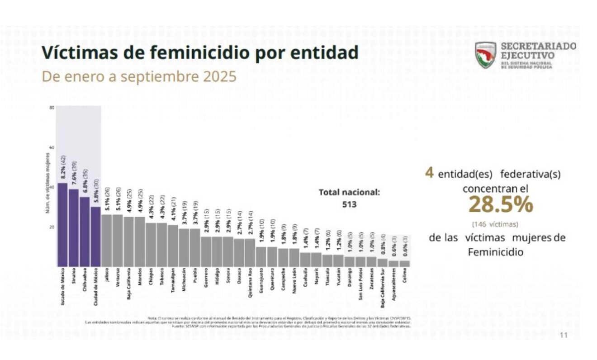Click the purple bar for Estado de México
point(62,224)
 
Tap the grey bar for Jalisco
point(106,240)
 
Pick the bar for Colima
point(405,263)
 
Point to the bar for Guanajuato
point(261,256)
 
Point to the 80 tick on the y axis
point(52,108)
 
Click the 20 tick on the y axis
point(52,227)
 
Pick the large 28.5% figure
point(500,205)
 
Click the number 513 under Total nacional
point(349,204)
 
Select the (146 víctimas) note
point(495,224)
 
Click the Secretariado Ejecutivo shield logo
point(486,55)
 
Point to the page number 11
point(564,335)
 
